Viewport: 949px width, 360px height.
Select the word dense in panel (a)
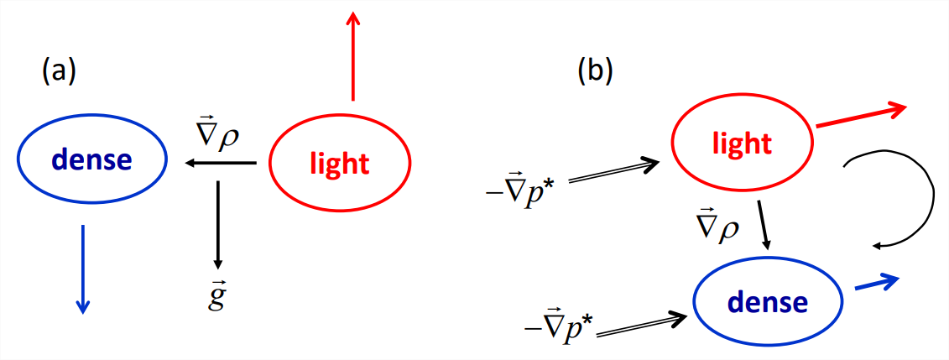pos(90,159)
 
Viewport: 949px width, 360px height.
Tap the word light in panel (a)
pos(339,163)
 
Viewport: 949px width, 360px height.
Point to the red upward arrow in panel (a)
pos(353,55)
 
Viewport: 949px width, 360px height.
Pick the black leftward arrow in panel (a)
pos(221,163)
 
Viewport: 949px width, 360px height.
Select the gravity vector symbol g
pos(217,295)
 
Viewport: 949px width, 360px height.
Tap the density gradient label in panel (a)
pos(216,134)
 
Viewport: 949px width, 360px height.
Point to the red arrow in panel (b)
pos(861,115)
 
